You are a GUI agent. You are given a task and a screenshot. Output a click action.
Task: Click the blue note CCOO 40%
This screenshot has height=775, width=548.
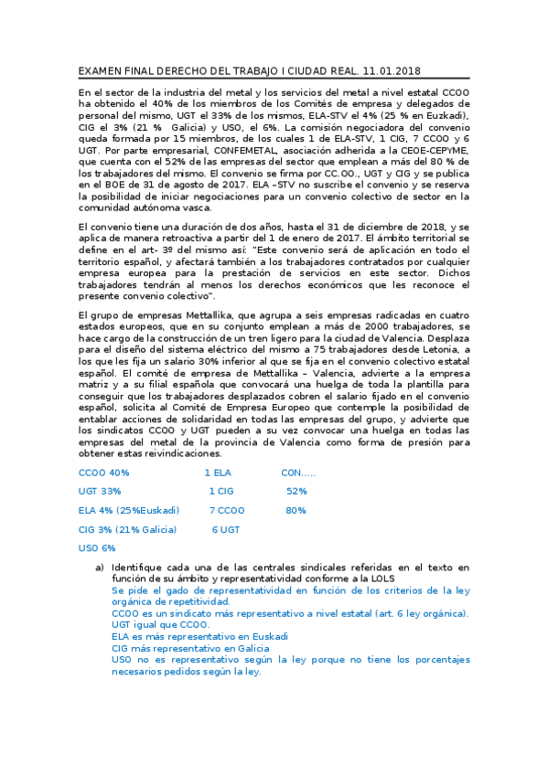tap(104, 472)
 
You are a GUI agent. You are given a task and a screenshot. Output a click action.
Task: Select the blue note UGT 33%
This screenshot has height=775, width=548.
tap(100, 491)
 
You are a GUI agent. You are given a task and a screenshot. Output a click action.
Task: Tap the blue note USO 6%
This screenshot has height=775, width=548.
tap(97, 547)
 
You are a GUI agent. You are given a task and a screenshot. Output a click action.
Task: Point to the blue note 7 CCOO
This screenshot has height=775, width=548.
tap(227, 510)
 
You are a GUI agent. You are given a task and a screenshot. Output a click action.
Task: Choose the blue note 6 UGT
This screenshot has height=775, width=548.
tap(226, 529)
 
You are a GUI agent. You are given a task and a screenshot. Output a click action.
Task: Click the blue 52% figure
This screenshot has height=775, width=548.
tap(296, 491)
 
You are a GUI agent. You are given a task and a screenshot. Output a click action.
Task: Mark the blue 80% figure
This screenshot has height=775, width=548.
tap(295, 510)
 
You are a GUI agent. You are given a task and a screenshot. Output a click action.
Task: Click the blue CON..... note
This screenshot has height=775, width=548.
tap(298, 472)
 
